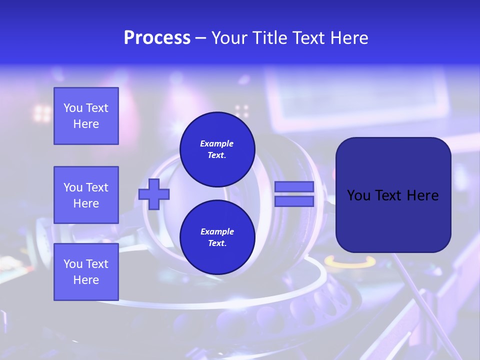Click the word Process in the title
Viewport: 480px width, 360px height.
tap(157, 38)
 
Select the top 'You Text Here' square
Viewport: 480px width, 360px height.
tap(86, 116)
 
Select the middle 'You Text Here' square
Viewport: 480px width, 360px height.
tap(86, 195)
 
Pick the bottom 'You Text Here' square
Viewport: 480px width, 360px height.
tap(86, 271)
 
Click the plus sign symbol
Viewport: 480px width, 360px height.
tap(154, 194)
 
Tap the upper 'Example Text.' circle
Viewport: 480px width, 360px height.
tap(217, 149)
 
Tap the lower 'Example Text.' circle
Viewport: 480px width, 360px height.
tap(217, 237)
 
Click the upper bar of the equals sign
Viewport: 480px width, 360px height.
tap(294, 187)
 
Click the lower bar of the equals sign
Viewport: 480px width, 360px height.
tap(294, 201)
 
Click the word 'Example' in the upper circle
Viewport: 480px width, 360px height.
tap(217, 143)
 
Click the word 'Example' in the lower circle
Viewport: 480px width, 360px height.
tap(217, 231)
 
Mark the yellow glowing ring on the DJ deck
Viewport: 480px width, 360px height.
tap(350, 261)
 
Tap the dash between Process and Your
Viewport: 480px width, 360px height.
tap(200, 38)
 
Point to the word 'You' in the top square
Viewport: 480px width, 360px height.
tap(72, 108)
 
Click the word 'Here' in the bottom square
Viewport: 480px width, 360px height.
tap(86, 280)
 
